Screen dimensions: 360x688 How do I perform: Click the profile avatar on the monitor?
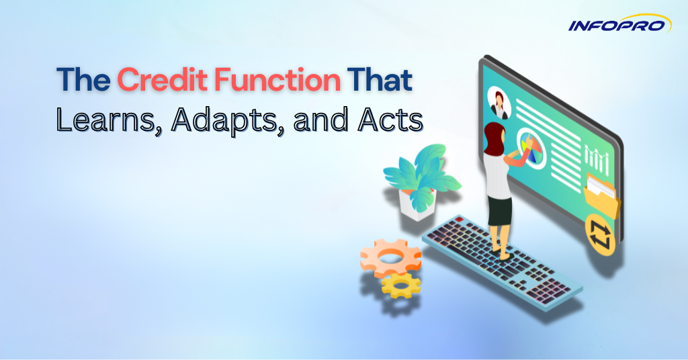pyautogui.click(x=499, y=102)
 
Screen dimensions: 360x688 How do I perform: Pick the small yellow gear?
pyautogui.click(x=400, y=285)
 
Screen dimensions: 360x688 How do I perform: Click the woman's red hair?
pyautogui.click(x=494, y=135)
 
